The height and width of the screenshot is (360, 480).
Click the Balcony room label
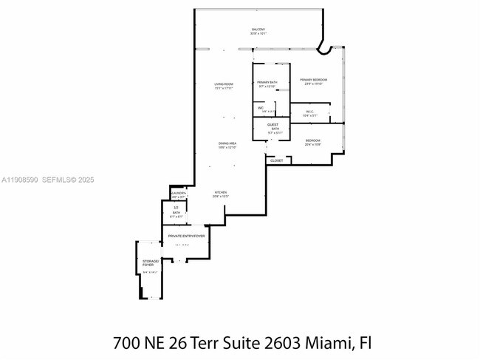[x=258, y=30]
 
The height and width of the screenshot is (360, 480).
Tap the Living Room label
[x=224, y=84]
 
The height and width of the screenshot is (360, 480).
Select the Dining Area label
[x=227, y=143]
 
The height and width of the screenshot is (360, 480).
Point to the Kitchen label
[x=220, y=192]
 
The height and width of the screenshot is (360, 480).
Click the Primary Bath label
[x=267, y=82]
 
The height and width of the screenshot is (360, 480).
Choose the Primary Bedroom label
[x=313, y=80]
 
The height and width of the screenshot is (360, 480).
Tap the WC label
[x=261, y=107]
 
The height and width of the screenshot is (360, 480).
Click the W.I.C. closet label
[x=309, y=112]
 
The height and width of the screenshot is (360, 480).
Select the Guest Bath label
[x=273, y=126]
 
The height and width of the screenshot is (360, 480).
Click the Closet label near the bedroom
[x=276, y=160]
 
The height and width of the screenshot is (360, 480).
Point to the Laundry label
[x=178, y=195]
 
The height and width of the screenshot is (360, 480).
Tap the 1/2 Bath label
[x=176, y=211]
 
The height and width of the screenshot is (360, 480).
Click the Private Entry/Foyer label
[x=185, y=236]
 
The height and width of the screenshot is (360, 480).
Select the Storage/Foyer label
[x=150, y=263]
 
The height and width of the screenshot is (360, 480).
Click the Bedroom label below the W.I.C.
[x=313, y=140]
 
